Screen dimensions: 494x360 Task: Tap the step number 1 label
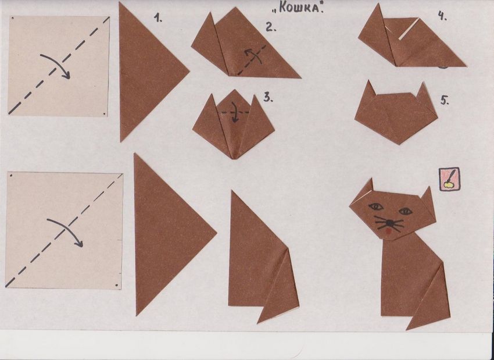[x=158, y=18]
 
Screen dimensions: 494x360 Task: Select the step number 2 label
[x=271, y=27]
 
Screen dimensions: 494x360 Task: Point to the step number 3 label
[x=268, y=98]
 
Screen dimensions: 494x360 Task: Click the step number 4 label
[x=442, y=16]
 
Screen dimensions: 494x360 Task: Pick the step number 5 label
[x=445, y=101]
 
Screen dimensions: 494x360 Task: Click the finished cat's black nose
[x=390, y=223]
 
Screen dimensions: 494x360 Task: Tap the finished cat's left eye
[x=376, y=207]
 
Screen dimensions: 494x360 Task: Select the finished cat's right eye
[x=406, y=211]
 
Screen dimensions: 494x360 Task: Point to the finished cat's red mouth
[x=389, y=231]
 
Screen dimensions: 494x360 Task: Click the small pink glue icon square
[x=449, y=179]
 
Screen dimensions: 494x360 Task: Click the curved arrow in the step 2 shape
[x=255, y=56]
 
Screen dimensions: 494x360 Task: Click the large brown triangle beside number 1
[x=148, y=72]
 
